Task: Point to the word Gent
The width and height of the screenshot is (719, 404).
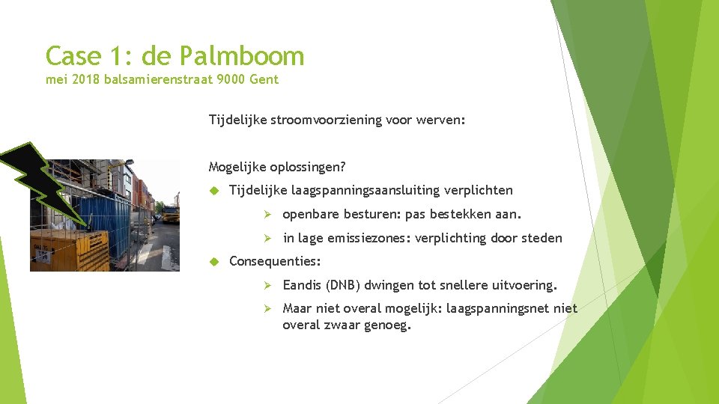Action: [x=264, y=79]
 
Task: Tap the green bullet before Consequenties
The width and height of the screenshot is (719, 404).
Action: [x=213, y=261]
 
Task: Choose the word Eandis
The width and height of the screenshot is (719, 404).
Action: [x=302, y=285]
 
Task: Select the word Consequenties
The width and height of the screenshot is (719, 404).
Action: [x=275, y=261]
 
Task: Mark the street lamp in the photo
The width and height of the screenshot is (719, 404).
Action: [x=130, y=162]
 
